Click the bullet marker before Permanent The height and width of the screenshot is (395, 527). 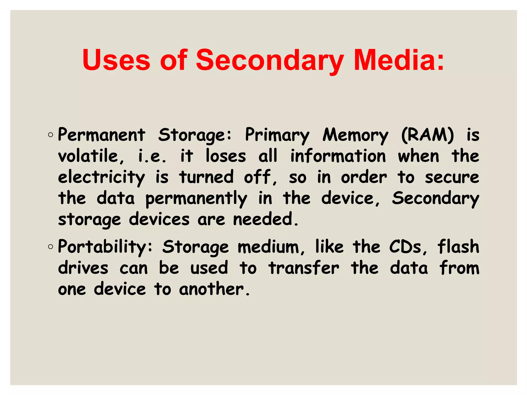(x=50, y=135)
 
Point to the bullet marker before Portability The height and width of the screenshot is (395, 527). (x=50, y=247)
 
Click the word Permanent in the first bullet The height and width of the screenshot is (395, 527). (x=102, y=135)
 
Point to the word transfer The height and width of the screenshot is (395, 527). (x=304, y=268)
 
